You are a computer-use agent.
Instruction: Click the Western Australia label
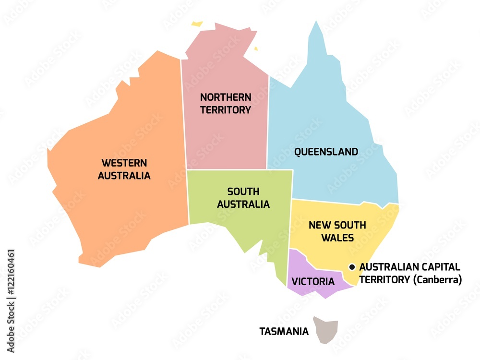pos(124,169)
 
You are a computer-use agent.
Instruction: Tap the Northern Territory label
pos(226,103)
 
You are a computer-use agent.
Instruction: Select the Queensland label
pos(326,152)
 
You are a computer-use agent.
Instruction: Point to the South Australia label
pos(243,198)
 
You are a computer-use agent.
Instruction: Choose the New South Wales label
pos(337,231)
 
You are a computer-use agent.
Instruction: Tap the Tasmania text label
pos(284,331)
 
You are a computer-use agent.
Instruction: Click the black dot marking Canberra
pos(352,267)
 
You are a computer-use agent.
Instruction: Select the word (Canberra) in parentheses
pos(437,279)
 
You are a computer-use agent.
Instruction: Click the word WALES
pos(337,238)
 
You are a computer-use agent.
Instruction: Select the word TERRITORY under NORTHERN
pos(226,110)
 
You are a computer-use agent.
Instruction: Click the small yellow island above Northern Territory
pos(197,23)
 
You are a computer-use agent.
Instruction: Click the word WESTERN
pos(124,163)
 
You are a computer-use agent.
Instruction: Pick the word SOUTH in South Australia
pos(243,192)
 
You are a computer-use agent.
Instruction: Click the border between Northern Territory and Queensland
pos(268,120)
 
